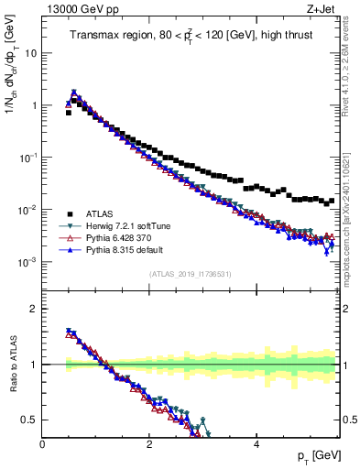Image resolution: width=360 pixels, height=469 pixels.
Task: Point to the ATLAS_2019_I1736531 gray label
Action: click(x=190, y=274)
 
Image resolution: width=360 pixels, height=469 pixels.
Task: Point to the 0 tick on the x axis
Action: click(x=43, y=444)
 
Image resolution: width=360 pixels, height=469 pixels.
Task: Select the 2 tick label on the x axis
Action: click(x=149, y=444)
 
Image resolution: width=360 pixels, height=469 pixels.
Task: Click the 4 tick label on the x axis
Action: click(x=256, y=444)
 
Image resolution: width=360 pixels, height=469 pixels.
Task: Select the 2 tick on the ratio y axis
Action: click(x=35, y=309)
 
